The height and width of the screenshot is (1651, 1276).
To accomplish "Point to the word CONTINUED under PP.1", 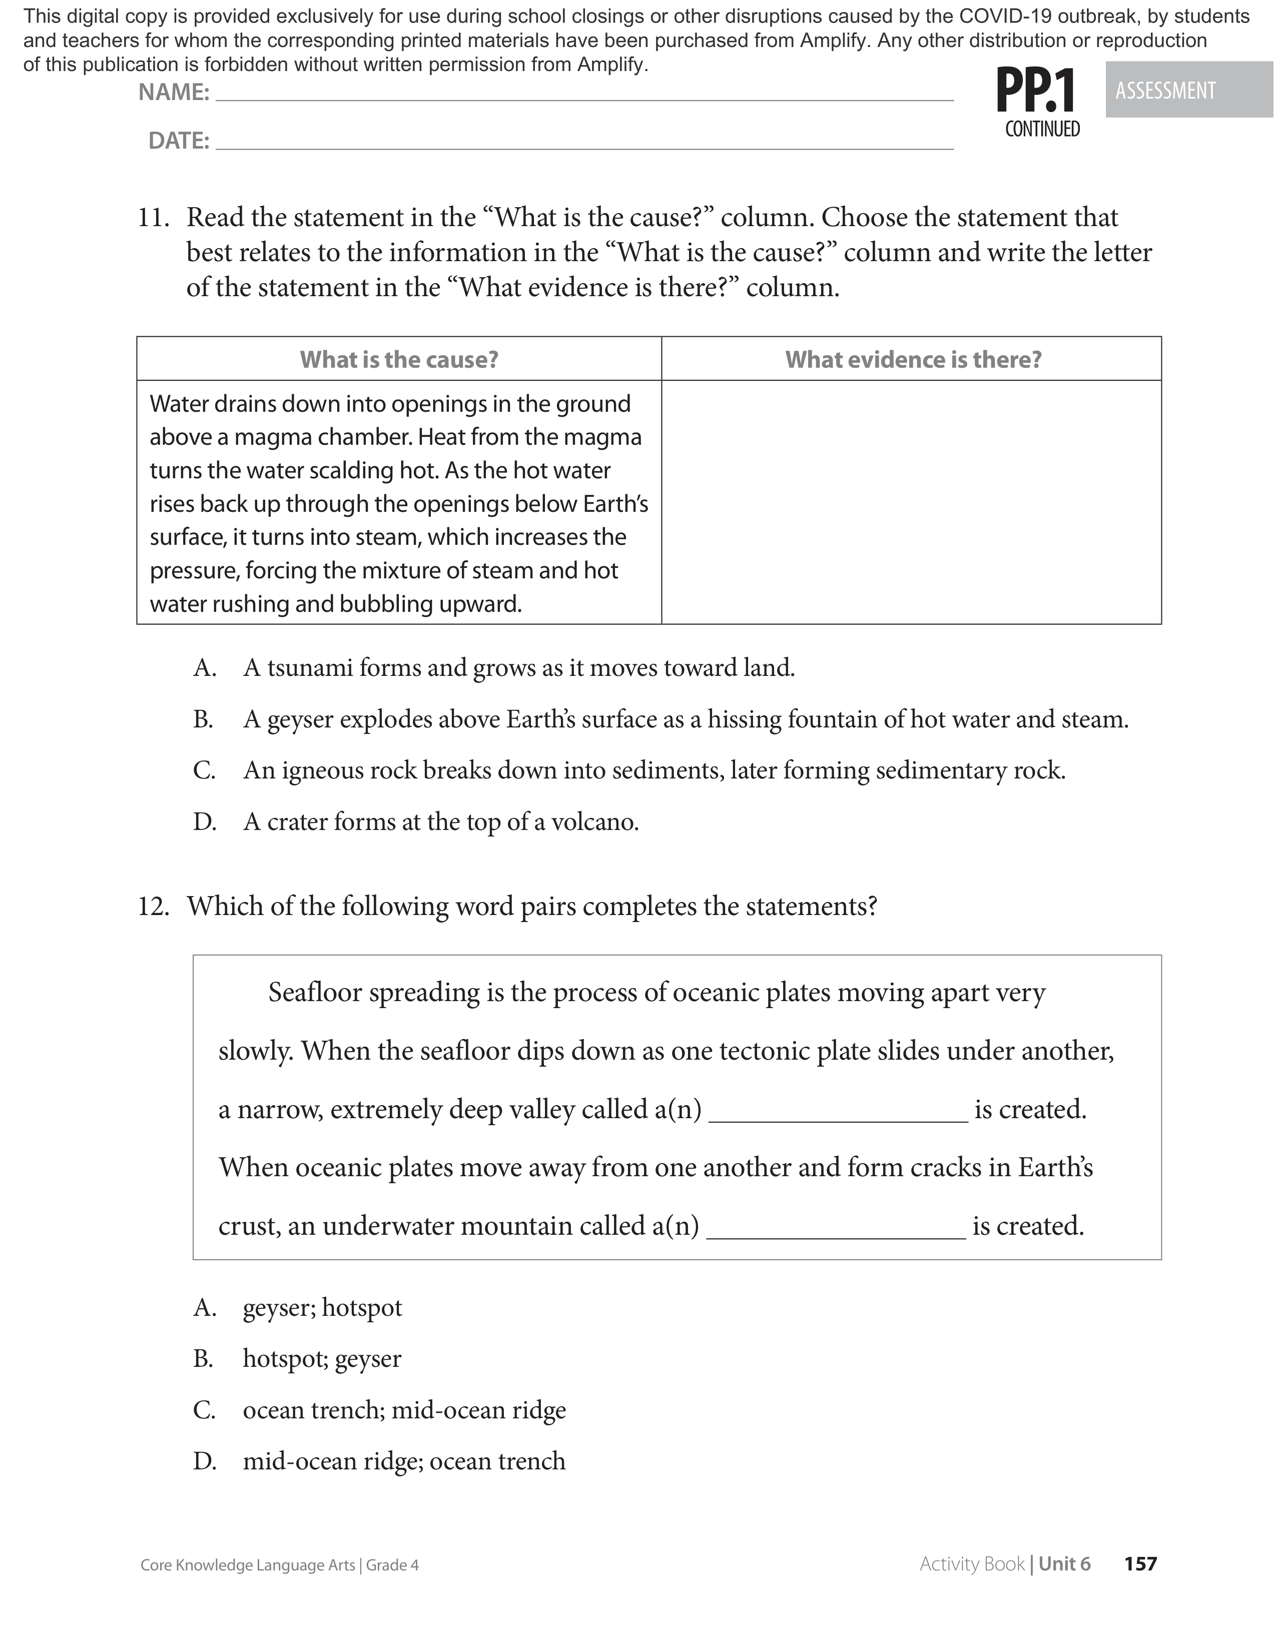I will pyautogui.click(x=1042, y=129).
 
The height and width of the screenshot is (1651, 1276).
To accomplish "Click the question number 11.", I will pyautogui.click(x=154, y=218).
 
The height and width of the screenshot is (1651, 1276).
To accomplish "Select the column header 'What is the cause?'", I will pyautogui.click(x=399, y=359).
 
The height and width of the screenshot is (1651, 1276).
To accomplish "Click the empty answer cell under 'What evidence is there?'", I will pyautogui.click(x=911, y=502).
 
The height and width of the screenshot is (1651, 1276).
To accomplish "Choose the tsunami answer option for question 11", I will pyautogui.click(x=518, y=668).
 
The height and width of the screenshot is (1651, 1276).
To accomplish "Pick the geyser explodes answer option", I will pyautogui.click(x=685, y=719).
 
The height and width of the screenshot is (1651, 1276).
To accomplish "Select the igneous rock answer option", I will pyautogui.click(x=654, y=771).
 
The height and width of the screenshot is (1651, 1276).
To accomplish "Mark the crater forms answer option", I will pyautogui.click(x=441, y=821).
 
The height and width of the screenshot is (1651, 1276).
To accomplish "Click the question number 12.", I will pyautogui.click(x=154, y=907).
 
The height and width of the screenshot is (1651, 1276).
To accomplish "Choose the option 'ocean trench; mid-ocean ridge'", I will pyautogui.click(x=404, y=1411).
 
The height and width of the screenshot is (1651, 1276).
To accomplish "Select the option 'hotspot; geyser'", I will pyautogui.click(x=322, y=1359).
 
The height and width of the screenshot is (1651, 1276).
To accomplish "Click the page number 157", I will pyautogui.click(x=1140, y=1564).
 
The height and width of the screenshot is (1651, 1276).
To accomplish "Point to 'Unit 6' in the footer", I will pyautogui.click(x=1064, y=1564).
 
